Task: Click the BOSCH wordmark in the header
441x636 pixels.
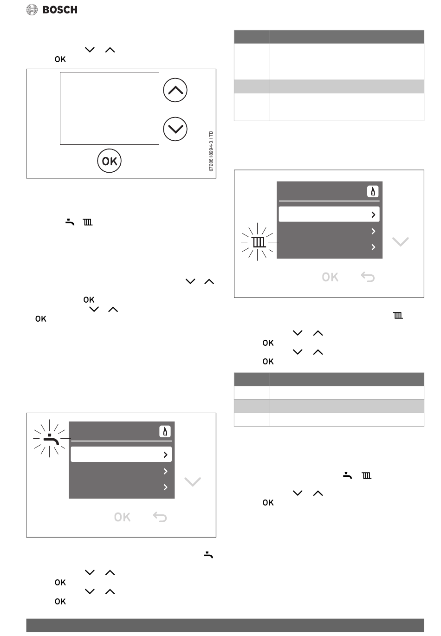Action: coord(60,10)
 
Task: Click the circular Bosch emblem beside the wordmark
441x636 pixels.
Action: coord(32,10)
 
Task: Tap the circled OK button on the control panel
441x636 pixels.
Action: coord(110,161)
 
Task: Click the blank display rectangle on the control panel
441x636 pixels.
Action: coord(110,109)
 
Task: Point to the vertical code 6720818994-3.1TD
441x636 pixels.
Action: coord(211,151)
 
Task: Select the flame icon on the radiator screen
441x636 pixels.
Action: coord(373,191)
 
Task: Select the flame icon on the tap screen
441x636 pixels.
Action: coord(165,432)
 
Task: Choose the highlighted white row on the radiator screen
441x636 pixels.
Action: coord(329,214)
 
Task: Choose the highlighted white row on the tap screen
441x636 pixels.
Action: coord(121,454)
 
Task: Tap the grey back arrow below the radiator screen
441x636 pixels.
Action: coord(368,277)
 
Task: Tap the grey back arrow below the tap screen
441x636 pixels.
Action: coord(160,517)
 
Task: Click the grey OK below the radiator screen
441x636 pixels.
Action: coord(330,277)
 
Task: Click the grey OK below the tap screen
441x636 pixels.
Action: coord(122,517)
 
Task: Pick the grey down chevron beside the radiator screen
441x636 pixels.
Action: coord(401,241)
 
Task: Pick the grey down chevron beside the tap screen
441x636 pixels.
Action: coord(193,481)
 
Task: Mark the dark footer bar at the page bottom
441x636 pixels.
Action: coord(225,625)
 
